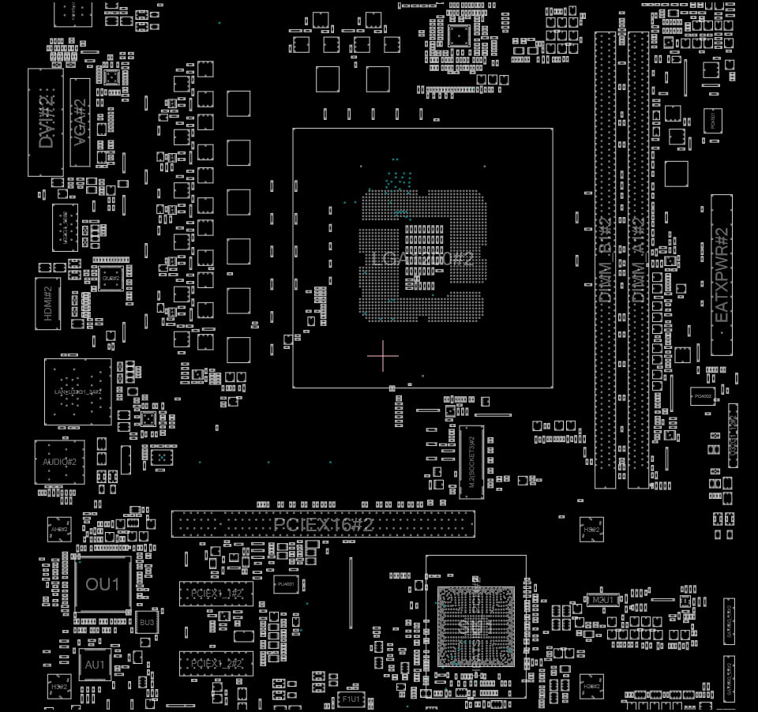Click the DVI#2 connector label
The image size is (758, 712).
point(46,122)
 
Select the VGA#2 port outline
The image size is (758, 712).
point(80,122)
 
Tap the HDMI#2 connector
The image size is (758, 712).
point(47,302)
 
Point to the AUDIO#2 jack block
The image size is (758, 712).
point(59,462)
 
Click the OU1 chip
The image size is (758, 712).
point(103,584)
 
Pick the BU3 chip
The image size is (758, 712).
point(147,623)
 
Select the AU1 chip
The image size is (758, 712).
point(96,665)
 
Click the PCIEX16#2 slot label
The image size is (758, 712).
point(323,524)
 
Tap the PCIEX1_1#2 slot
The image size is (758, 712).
point(216,594)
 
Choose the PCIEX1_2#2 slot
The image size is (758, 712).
point(216,663)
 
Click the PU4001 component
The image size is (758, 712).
point(286,585)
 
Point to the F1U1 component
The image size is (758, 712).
point(351,699)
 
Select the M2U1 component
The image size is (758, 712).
point(604,601)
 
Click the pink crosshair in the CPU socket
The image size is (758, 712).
point(383,355)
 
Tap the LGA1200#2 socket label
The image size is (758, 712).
point(422,259)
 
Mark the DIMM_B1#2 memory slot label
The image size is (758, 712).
point(605,260)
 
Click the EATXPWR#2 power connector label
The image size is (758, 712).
point(721,275)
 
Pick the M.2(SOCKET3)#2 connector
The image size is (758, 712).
point(471,462)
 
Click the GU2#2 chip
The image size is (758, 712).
point(111,278)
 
